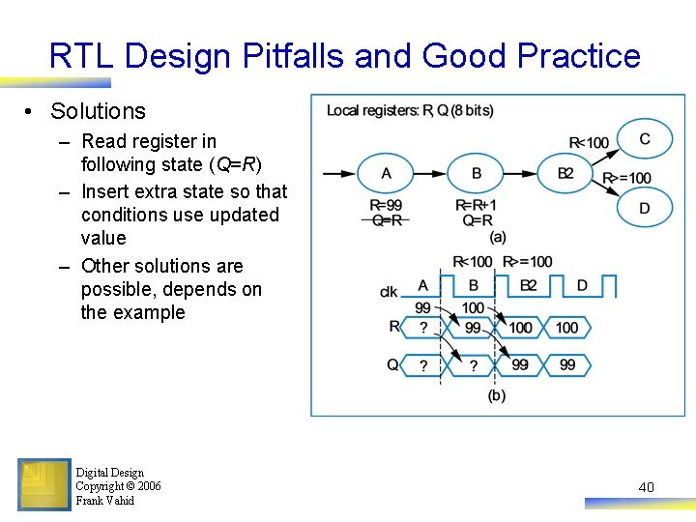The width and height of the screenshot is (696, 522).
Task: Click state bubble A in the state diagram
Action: (x=387, y=173)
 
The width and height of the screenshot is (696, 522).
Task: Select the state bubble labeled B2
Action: (x=566, y=173)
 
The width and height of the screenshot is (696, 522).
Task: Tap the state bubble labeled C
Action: (x=645, y=139)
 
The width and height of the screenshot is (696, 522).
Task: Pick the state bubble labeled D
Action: (x=645, y=208)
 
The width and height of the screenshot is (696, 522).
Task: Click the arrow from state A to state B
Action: (x=431, y=174)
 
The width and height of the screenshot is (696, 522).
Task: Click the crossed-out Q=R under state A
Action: (x=387, y=219)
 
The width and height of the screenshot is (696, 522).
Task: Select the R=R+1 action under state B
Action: (x=476, y=205)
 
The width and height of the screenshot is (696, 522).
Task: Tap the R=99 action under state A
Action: (x=387, y=205)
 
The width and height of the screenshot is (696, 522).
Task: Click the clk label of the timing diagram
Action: (x=389, y=291)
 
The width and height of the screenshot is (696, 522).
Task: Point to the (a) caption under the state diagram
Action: (x=498, y=236)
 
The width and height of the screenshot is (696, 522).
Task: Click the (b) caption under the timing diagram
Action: (x=497, y=395)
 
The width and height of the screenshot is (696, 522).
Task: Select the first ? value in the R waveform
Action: (x=423, y=328)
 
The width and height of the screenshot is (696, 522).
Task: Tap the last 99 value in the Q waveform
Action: (x=567, y=364)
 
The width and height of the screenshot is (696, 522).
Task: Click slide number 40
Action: (x=646, y=487)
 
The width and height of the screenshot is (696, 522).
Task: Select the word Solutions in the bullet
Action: (x=98, y=112)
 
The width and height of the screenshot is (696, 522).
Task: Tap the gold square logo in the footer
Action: (x=44, y=484)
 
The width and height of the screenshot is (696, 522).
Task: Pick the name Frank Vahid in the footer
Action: (x=105, y=501)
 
